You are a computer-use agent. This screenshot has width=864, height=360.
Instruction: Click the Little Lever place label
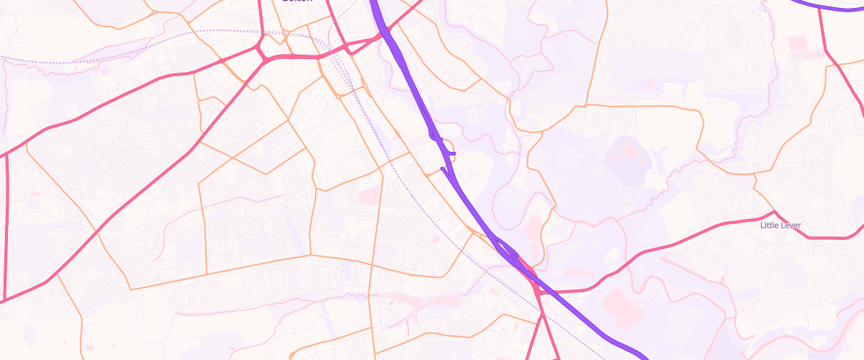[780, 225]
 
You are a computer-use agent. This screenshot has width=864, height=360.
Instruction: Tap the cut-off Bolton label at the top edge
[297, 2]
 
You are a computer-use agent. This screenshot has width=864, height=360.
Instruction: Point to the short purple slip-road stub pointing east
[450, 153]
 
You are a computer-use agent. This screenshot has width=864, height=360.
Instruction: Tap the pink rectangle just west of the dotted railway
[369, 194]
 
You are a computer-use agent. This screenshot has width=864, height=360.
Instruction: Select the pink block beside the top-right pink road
[798, 48]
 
